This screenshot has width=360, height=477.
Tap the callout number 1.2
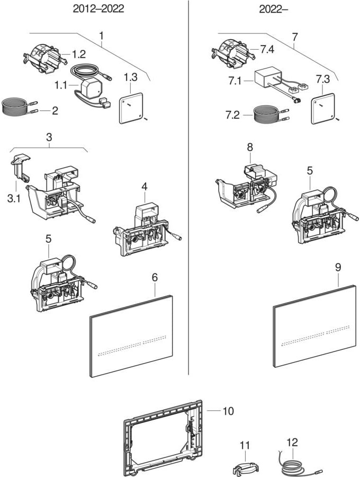78,54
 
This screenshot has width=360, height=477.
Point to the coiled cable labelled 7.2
270,115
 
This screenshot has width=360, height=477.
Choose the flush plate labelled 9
315,326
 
